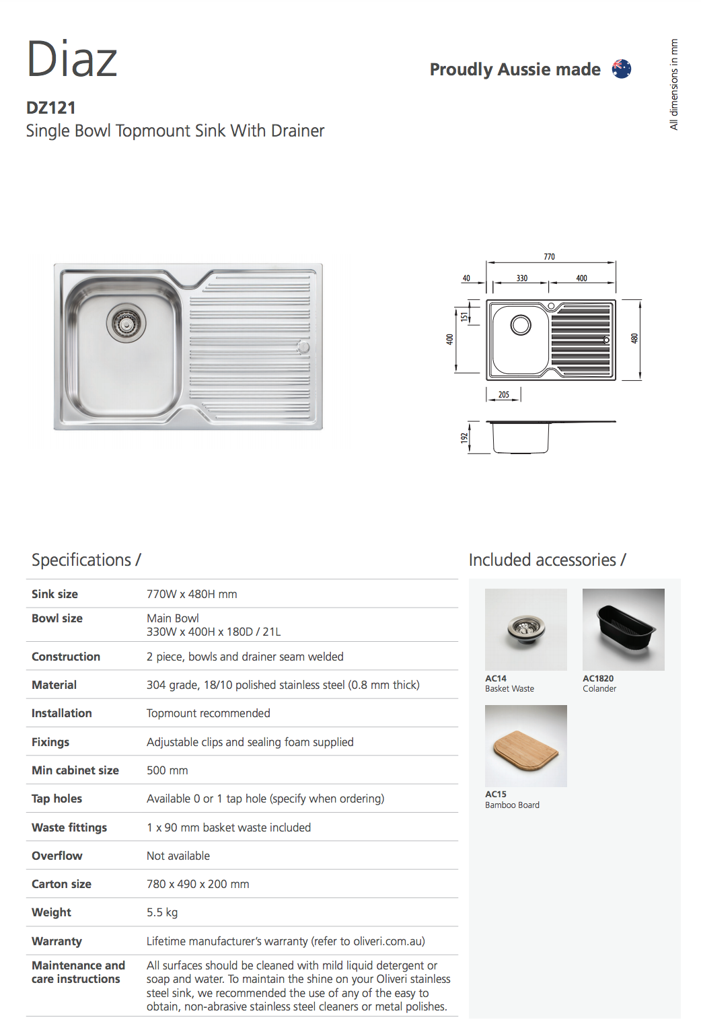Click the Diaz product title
(x=72, y=59)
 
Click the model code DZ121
(x=50, y=108)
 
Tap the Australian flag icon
(x=622, y=69)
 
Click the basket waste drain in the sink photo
(x=126, y=323)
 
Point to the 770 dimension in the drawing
(x=550, y=256)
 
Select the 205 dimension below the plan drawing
(x=504, y=395)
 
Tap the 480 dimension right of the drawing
(x=634, y=339)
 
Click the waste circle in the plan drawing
(x=521, y=325)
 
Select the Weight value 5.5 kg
(x=162, y=912)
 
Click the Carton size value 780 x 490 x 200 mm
(x=198, y=884)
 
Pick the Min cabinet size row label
(x=75, y=770)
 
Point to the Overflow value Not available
(x=178, y=856)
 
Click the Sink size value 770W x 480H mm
(x=192, y=594)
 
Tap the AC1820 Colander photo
(x=624, y=630)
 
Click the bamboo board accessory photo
(x=526, y=746)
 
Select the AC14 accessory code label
(x=496, y=678)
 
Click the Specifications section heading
(x=86, y=560)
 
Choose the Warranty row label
(x=57, y=941)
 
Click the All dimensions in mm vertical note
(x=674, y=84)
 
